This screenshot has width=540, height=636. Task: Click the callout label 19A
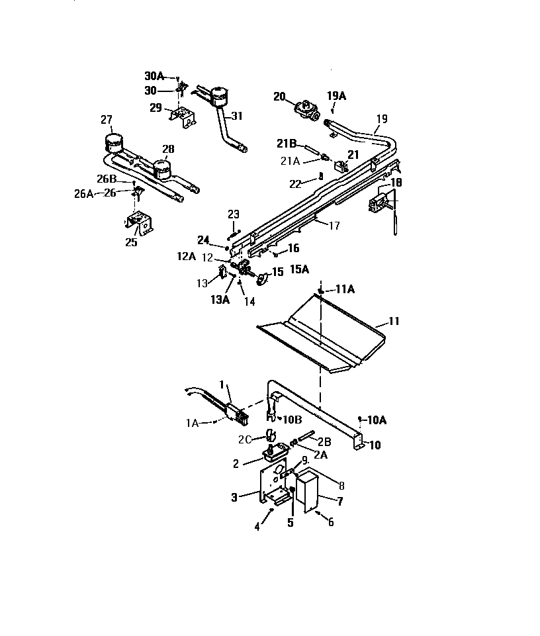pyautogui.click(x=336, y=95)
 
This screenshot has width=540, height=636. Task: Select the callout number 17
pyautogui.click(x=334, y=226)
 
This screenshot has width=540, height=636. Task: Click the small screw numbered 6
pyautogui.click(x=317, y=512)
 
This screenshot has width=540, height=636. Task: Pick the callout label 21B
pyautogui.click(x=287, y=144)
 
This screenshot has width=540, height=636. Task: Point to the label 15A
pyautogui.click(x=298, y=269)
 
